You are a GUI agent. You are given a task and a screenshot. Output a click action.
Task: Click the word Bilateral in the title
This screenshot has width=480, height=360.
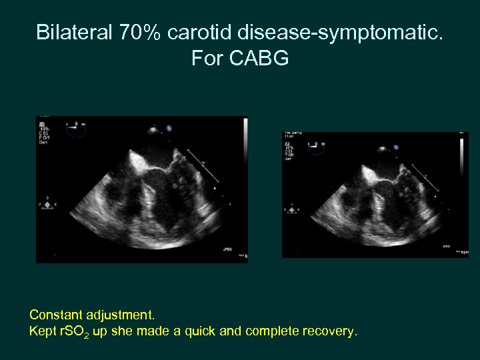pos(75,32)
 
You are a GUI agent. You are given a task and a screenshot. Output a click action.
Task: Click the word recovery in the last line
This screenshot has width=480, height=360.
pos(328,331)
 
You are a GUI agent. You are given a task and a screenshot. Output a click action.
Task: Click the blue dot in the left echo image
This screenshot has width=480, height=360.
pos(169,128)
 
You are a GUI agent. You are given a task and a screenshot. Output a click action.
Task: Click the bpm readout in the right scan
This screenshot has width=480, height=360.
pos(462,253)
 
